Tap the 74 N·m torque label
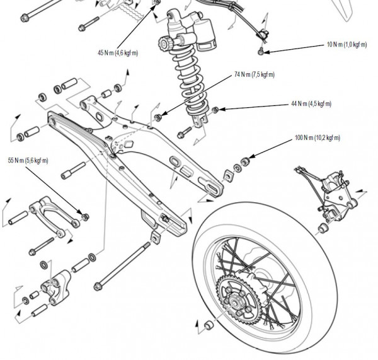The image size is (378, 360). point(255,74)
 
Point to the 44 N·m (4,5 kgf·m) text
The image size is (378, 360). point(311,104)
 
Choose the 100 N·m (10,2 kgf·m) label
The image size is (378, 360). point(318,137)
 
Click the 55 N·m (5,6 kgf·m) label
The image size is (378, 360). point(28,160)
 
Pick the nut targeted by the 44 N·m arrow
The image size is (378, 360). point(215,110)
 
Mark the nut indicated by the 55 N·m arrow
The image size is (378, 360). point(86,217)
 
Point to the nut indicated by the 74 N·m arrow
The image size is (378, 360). point(157,117)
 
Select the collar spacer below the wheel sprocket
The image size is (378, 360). point(206,327)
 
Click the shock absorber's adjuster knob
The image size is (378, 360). point(166,45)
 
